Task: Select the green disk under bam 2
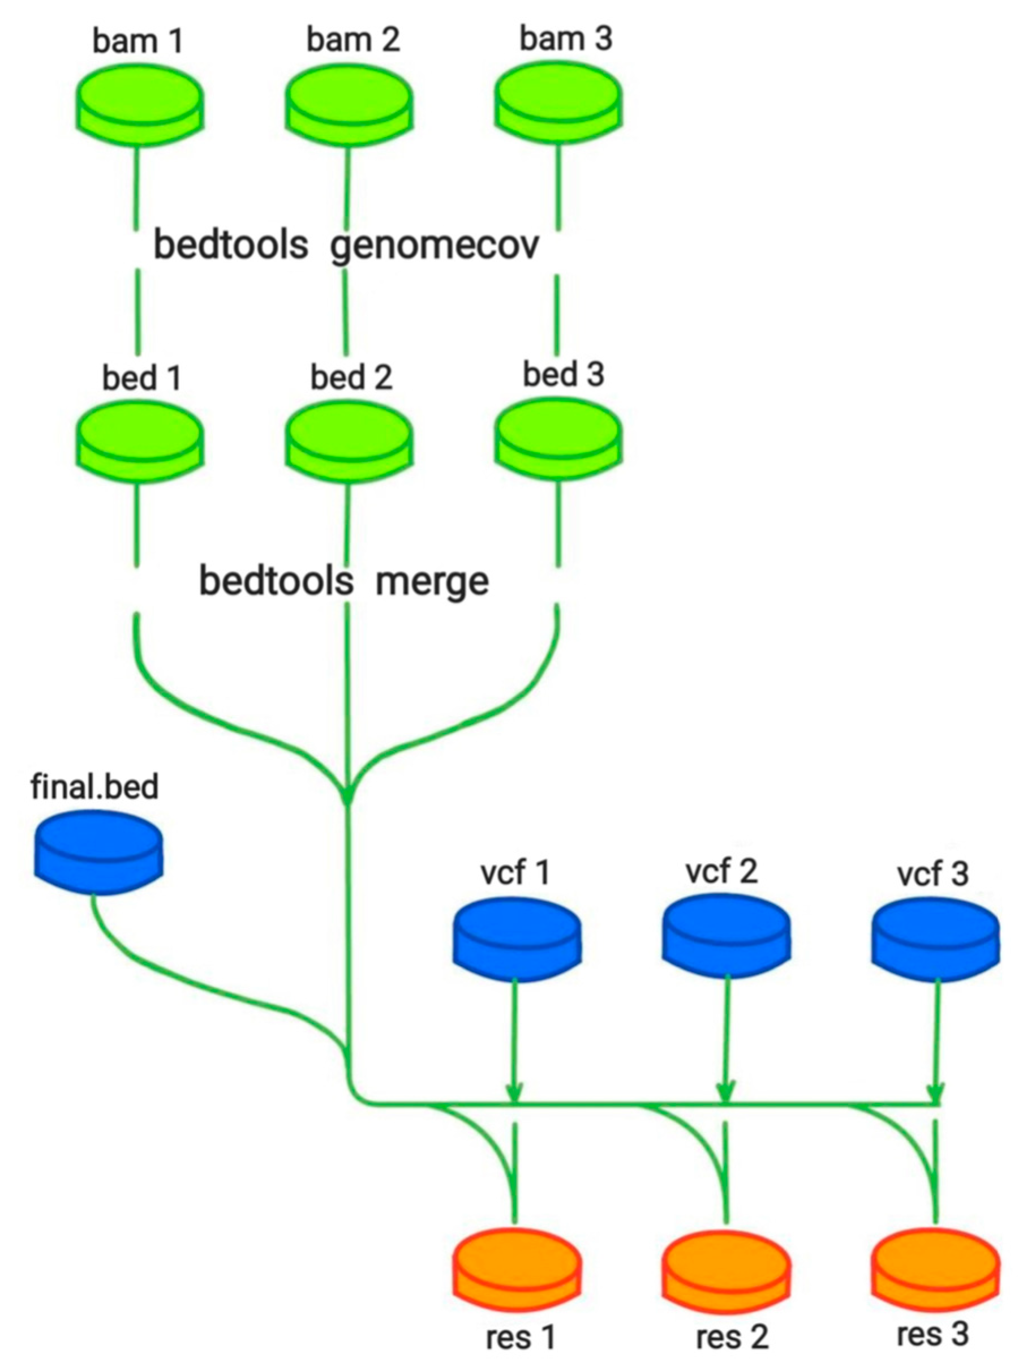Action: [x=349, y=105]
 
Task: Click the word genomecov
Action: [x=435, y=246]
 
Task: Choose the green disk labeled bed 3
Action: [x=558, y=440]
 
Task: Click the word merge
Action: [x=432, y=582]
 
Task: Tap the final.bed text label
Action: [x=94, y=787]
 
